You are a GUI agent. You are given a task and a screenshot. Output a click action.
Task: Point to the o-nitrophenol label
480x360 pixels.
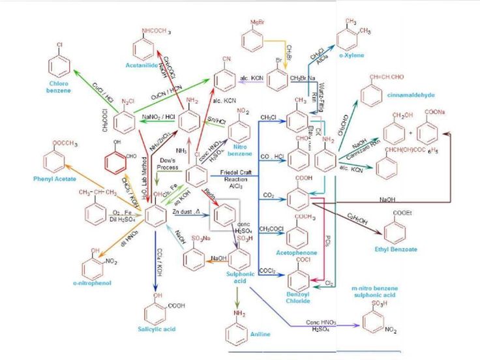tap(92, 282)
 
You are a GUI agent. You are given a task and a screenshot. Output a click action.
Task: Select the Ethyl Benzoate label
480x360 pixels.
tap(396, 249)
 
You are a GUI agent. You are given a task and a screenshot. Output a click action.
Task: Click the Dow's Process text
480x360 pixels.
tap(168, 163)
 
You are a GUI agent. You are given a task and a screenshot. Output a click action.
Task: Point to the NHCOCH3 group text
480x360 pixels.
tap(155, 31)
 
